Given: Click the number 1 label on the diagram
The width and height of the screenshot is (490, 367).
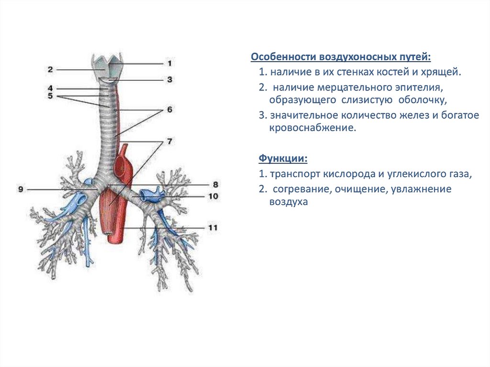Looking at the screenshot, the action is (x=169, y=63).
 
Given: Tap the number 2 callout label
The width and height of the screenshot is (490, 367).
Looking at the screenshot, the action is (x=50, y=69).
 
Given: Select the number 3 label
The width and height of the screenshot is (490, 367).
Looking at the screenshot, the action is (x=169, y=80).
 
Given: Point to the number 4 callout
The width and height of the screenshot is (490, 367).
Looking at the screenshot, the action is (x=50, y=89).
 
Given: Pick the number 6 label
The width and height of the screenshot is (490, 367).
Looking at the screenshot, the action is (x=169, y=110).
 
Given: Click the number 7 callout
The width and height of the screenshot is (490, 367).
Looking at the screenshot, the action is (x=169, y=142).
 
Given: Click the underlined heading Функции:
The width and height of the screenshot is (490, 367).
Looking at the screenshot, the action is (x=283, y=158).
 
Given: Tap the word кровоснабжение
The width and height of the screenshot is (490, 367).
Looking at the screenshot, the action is (x=312, y=129).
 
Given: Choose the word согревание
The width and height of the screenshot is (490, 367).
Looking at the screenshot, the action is (x=300, y=189).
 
